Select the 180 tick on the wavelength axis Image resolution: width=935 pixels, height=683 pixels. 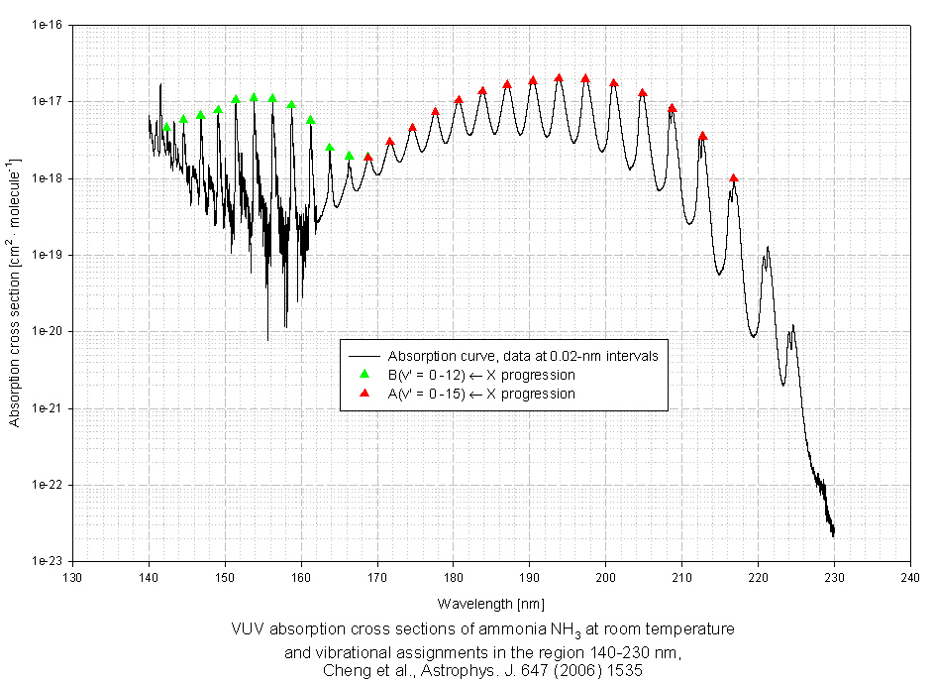[454, 576]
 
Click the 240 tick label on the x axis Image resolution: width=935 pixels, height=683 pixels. [909, 576]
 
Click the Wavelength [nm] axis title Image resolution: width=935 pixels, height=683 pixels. [490, 603]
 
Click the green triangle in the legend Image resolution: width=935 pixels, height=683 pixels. [364, 375]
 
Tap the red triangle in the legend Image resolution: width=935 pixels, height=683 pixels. [364, 394]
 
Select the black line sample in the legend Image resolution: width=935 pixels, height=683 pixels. [364, 355]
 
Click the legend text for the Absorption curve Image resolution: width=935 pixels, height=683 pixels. [516, 355]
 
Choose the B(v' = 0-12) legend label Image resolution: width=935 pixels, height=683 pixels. [481, 375]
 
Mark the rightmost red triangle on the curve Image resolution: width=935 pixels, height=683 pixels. [733, 178]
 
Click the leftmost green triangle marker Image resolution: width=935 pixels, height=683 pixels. [166, 127]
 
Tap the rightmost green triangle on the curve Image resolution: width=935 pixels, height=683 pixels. [349, 156]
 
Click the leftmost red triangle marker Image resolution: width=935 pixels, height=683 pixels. [367, 157]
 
